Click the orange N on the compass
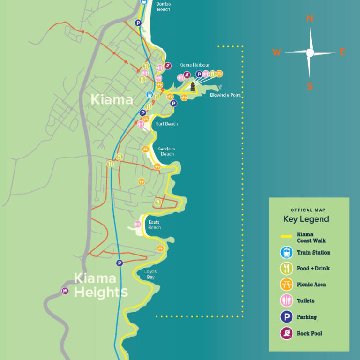pos(309,19)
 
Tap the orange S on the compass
pos(310,86)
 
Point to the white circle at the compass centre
pos(310,53)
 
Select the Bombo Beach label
pos(164,7)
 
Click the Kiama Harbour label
pos(194,65)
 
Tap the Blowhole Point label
pos(225,95)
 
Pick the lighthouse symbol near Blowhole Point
pos(193,87)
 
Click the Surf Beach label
pos(167,124)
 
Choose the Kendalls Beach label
pos(166,151)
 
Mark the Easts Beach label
pos(154,225)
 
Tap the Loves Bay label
pos(150,274)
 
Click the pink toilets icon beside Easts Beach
pos(138,224)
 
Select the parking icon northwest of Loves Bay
pos(120,263)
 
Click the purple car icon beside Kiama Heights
pos(65,291)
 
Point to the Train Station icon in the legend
pos(286,253)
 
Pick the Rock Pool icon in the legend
pos(286,333)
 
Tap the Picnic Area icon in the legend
pos(286,285)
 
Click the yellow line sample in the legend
pos(286,237)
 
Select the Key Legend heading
pos(306,219)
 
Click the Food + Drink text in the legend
pos(313,268)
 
